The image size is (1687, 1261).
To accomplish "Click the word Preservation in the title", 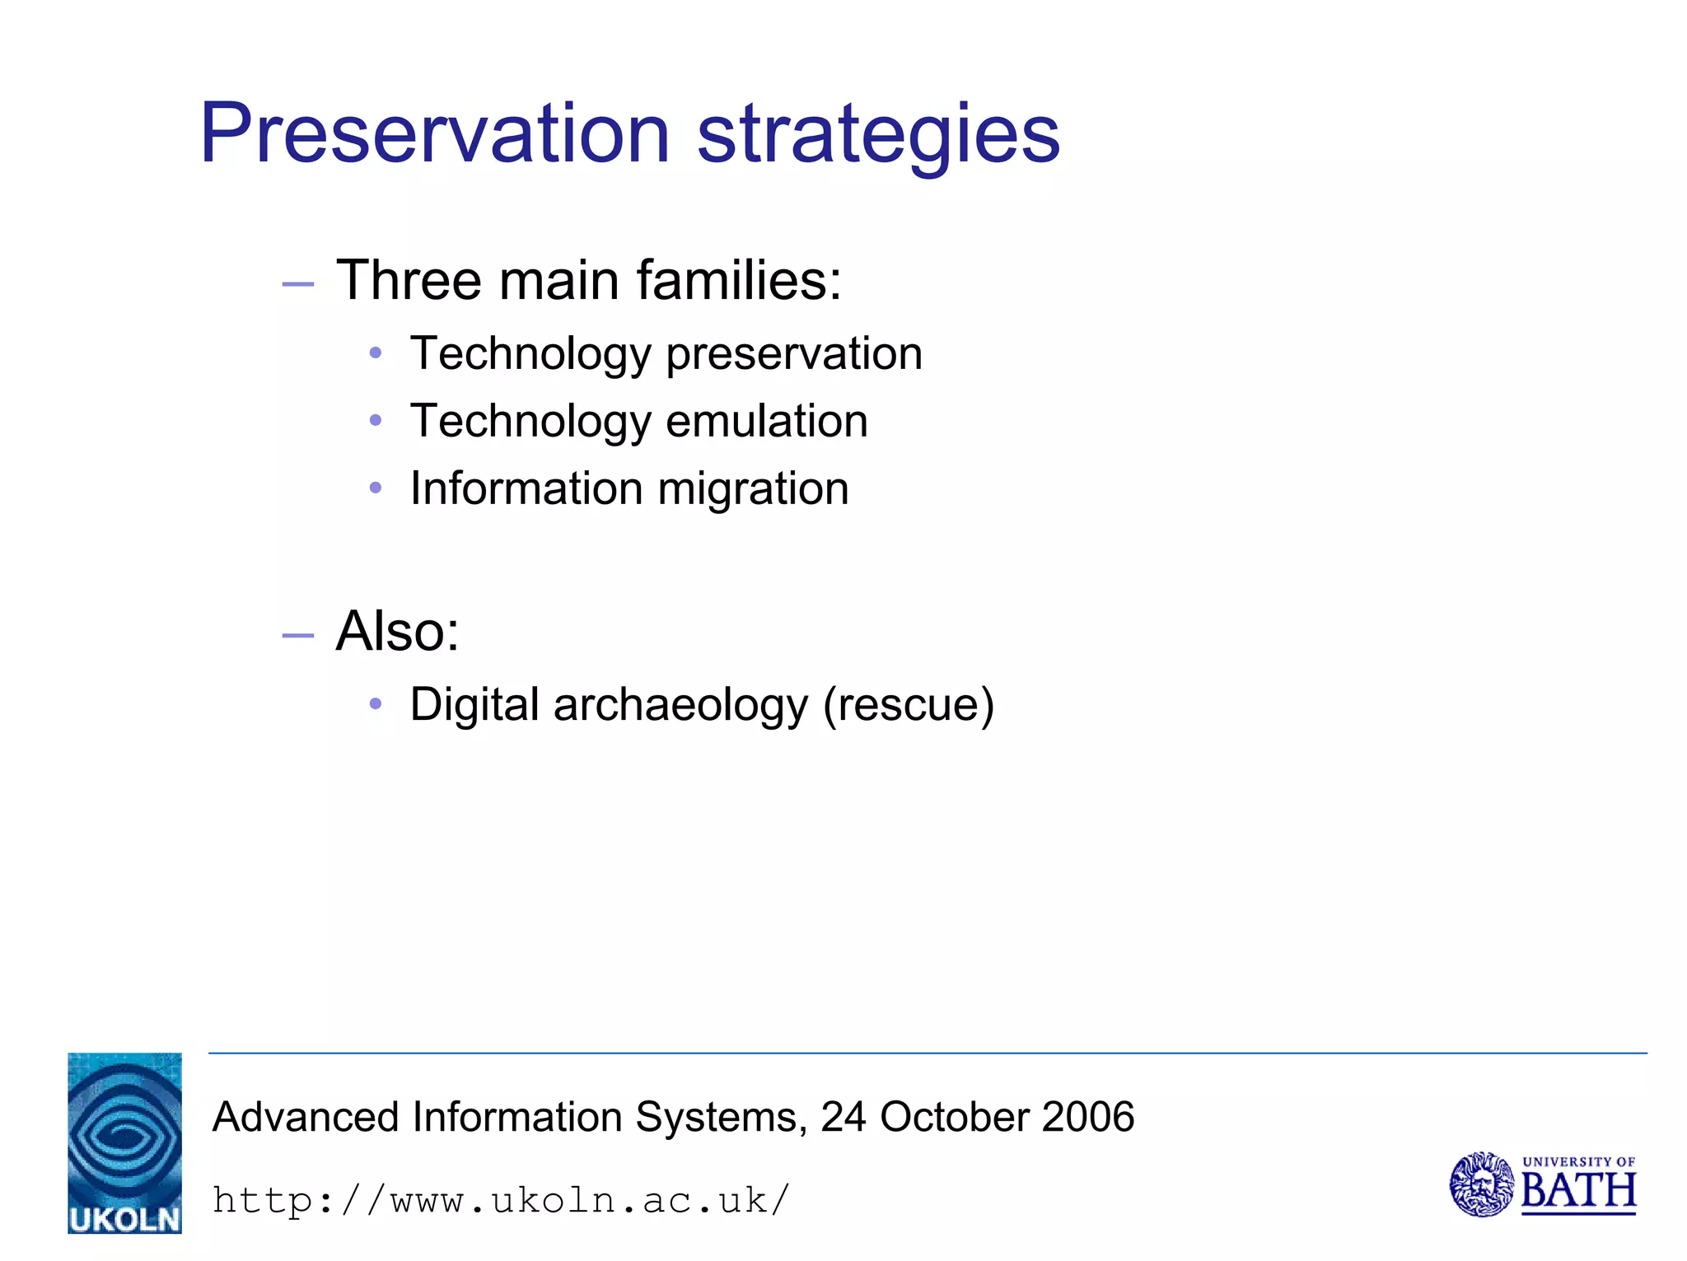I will point(435,133).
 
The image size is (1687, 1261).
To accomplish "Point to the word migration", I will point(753,490).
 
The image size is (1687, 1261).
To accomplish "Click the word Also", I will point(396,632).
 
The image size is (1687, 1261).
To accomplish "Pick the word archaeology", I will point(680,706).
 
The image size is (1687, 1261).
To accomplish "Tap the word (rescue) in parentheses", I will point(909,706).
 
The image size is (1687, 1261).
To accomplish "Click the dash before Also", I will point(297,636).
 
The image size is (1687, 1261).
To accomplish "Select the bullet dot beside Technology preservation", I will point(376,353).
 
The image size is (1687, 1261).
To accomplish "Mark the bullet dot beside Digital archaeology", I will point(376,704).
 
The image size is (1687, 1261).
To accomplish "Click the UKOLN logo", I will point(124,1142).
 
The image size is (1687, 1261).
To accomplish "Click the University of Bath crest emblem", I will point(1480,1184).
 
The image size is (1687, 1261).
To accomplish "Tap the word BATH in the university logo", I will point(1577,1191).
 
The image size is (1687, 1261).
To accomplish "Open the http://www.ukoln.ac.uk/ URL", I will point(501,1200).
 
